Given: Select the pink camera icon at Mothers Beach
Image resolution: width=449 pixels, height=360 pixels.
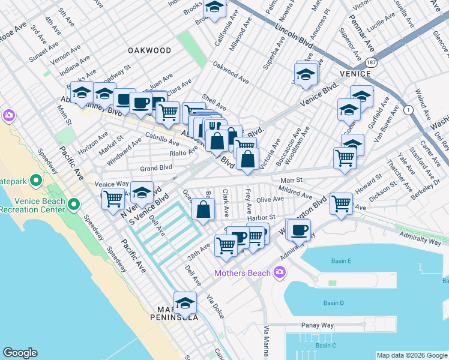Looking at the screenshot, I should (279, 274).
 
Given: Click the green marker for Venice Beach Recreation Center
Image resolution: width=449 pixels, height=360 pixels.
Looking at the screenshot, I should (74, 205).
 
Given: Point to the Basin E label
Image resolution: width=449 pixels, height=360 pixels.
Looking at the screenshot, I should (341, 261).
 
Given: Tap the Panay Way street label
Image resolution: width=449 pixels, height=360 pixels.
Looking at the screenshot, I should (317, 325).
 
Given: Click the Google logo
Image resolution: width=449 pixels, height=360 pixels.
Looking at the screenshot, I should (20, 353).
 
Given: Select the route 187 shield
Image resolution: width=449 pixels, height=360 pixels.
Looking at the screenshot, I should (373, 62).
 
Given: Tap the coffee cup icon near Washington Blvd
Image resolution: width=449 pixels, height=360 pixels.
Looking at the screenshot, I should (299, 229).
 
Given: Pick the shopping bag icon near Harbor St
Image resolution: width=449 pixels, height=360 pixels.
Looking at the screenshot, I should (203, 210).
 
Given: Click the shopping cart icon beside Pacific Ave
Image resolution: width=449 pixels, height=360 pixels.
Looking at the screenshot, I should (112, 199).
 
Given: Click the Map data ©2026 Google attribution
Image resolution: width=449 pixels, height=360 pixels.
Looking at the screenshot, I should (412, 355).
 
